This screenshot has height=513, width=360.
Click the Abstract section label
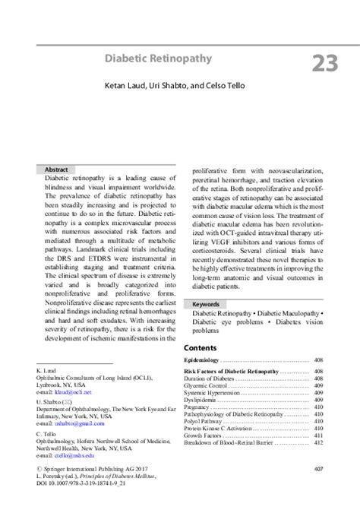tap(56, 169)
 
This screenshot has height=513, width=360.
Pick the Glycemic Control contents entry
tap(207, 385)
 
